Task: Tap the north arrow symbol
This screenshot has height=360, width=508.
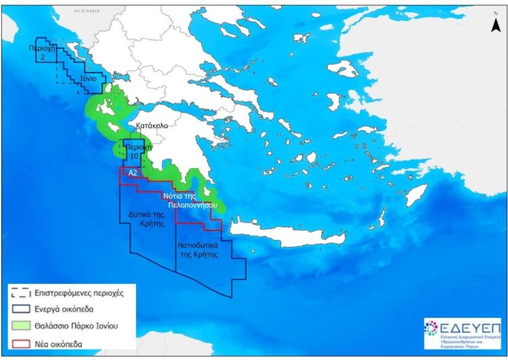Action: click(x=494, y=23)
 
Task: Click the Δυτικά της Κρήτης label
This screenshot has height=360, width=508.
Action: click(x=148, y=218)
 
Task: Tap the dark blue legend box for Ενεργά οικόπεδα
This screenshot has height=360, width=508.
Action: click(x=22, y=310)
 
